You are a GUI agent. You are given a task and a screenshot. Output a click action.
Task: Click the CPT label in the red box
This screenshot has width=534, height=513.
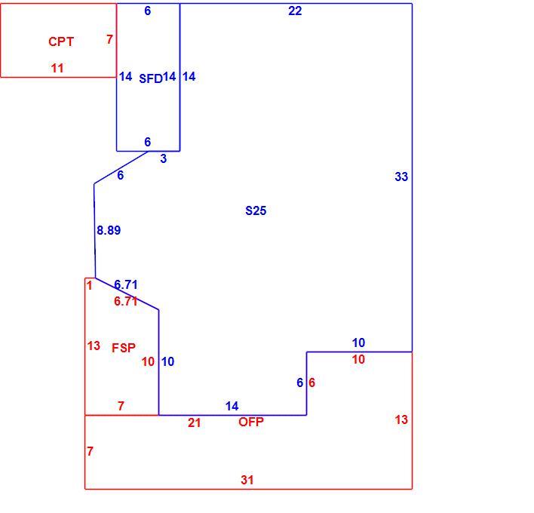click(x=61, y=41)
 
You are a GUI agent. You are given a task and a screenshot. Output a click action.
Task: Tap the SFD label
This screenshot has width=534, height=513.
click(x=151, y=78)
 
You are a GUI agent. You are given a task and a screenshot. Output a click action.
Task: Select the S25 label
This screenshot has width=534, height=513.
click(x=256, y=210)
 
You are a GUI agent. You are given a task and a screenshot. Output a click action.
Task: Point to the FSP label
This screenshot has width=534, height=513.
click(x=124, y=348)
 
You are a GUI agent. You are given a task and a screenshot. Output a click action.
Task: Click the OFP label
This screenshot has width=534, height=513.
click(x=251, y=422)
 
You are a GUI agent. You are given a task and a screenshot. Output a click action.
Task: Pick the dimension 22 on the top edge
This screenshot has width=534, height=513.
click(x=295, y=11)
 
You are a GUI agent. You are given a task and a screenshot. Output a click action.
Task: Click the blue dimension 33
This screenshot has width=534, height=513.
click(x=401, y=177)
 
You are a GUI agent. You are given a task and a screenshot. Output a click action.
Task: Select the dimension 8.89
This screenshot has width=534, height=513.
click(x=109, y=230)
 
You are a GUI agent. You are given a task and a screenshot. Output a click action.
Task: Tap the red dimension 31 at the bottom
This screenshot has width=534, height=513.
click(x=247, y=480)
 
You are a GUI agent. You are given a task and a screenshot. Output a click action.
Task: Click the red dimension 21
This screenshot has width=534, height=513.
click(x=194, y=422)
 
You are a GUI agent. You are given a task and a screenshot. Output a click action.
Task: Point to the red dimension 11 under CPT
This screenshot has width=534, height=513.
click(x=57, y=68)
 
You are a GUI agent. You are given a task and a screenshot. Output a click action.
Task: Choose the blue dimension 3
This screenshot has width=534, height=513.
click(x=164, y=158)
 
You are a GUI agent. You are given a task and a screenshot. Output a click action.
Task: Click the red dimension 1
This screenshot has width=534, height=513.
click(x=89, y=285)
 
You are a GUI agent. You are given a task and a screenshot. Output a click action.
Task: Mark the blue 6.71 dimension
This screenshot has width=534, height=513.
click(x=126, y=284)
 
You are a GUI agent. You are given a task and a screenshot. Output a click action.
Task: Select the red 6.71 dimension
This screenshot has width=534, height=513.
click(x=126, y=301)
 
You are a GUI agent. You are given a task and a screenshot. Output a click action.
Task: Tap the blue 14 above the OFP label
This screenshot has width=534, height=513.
click(x=232, y=406)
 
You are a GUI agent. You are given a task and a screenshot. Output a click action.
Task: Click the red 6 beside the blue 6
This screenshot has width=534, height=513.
click(x=311, y=382)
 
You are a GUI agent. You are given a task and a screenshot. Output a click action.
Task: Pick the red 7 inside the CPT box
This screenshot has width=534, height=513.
click(x=109, y=39)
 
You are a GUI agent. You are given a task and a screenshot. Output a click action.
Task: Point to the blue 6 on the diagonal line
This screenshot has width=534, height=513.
click(x=120, y=175)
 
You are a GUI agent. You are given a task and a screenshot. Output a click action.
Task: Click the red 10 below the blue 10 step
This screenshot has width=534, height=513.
click(x=358, y=359)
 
